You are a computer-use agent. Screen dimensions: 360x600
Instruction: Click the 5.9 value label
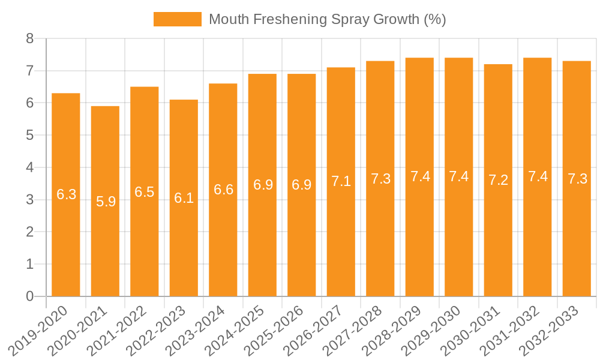[x=106, y=202]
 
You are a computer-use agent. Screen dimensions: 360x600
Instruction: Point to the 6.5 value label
[x=145, y=192]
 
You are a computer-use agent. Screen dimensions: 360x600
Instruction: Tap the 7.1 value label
[x=341, y=181]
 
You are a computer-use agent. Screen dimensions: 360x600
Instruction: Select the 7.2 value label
[x=498, y=180]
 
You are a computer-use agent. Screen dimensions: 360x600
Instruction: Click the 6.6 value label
[x=223, y=190]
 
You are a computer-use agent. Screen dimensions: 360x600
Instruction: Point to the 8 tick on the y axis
[x=29, y=39]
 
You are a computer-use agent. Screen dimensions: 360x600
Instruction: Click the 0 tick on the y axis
[x=29, y=296]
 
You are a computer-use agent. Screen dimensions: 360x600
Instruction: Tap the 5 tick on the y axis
[x=29, y=136]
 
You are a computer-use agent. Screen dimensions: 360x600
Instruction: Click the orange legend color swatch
[x=177, y=19]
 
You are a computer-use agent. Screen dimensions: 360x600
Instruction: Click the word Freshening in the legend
[x=290, y=19]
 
